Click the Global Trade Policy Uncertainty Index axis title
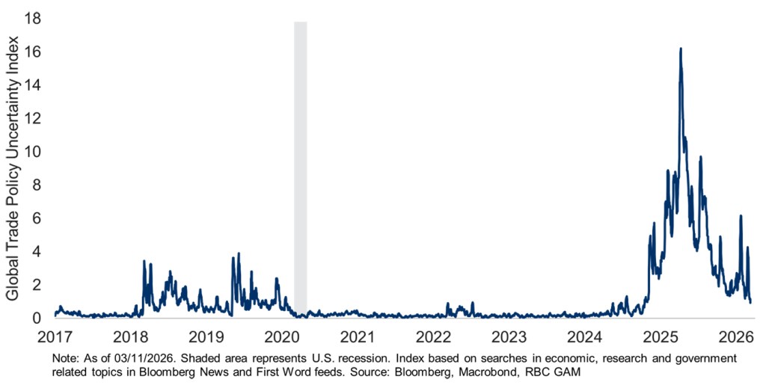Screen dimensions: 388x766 click(13, 168)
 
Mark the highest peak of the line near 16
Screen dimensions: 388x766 click(681, 49)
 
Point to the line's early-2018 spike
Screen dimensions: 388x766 click(144, 261)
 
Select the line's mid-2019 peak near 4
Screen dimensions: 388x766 click(239, 253)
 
